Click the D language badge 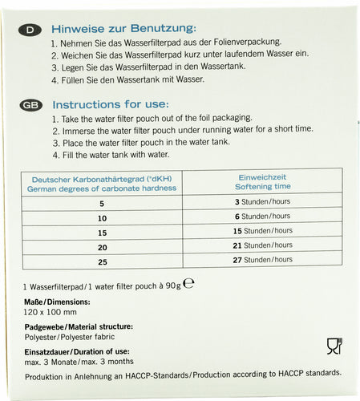[30, 30]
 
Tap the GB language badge [30, 105]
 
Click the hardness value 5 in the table [101, 204]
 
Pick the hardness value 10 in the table [101, 218]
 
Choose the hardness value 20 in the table [101, 246]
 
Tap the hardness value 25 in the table [101, 261]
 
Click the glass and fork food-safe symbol [334, 346]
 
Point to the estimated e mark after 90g [189, 284]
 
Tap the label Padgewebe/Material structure [78, 326]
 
